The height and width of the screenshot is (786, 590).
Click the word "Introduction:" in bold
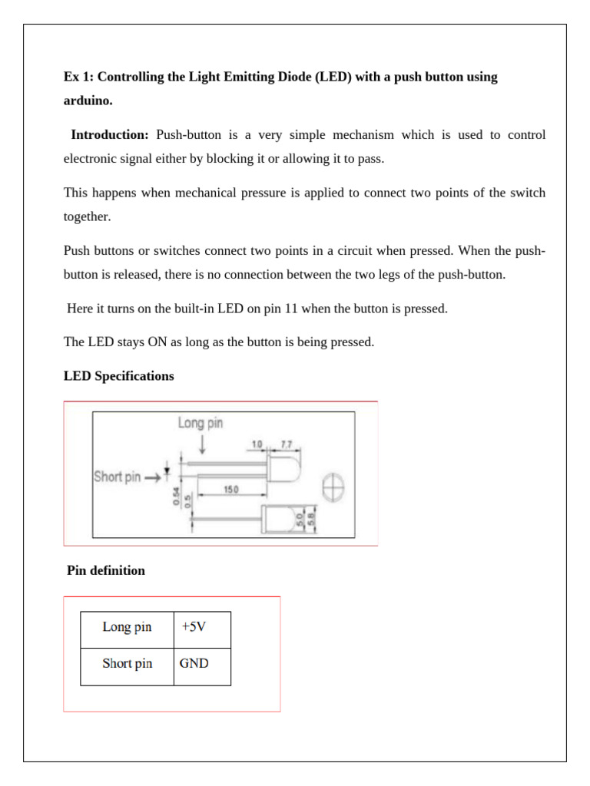tap(110, 135)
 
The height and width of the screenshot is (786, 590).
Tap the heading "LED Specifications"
tap(119, 376)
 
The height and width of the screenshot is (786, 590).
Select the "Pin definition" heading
tap(106, 570)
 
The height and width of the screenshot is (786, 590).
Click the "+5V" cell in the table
tap(194, 627)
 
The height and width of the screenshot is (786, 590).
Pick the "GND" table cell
tap(194, 664)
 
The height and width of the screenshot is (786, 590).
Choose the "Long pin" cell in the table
tap(127, 627)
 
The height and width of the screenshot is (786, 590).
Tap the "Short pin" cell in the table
tap(127, 664)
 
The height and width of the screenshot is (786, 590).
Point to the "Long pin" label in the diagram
tap(201, 423)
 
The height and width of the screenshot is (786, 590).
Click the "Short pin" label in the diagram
tap(118, 477)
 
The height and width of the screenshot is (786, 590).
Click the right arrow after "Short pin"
tap(152, 477)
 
